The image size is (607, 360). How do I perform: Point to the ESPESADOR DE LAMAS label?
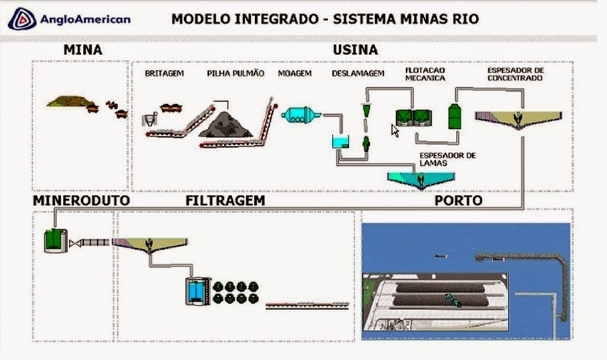coord(448,159)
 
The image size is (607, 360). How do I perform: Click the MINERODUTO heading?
coord(81,200)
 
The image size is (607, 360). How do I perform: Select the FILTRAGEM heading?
coord(226,200)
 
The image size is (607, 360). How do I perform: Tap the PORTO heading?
coord(459,200)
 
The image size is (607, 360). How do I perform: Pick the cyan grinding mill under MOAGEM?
coord(297,116)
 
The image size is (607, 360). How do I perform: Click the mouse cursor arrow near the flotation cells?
coord(395,130)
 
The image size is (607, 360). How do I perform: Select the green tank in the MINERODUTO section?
coord(54,241)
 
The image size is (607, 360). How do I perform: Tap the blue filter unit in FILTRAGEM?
coord(196,290)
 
